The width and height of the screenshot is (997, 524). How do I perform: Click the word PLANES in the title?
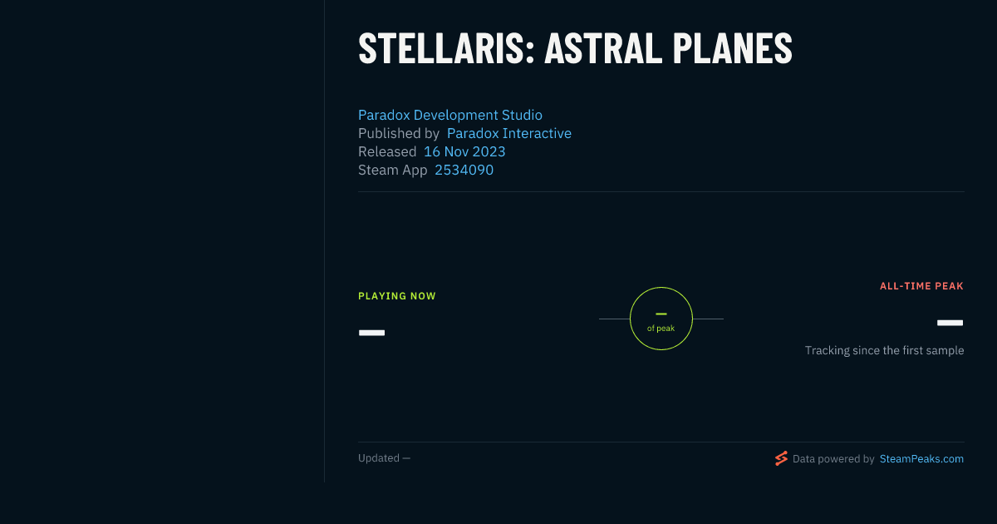pyautogui.click(x=732, y=48)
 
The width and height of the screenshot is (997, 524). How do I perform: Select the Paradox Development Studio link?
pyautogui.click(x=450, y=115)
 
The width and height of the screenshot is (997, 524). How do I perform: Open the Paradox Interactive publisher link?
pyautogui.click(x=509, y=133)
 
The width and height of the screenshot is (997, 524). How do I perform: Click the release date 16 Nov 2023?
pyautogui.click(x=464, y=151)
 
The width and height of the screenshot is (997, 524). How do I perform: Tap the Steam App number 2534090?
pyautogui.click(x=464, y=170)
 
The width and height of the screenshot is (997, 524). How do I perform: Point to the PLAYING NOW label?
pyautogui.click(x=397, y=296)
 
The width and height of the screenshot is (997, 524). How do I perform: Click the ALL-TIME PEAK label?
pyautogui.click(x=921, y=286)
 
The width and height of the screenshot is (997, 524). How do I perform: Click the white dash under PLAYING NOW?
pyautogui.click(x=371, y=333)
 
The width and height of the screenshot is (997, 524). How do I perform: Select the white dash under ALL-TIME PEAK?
pyautogui.click(x=950, y=323)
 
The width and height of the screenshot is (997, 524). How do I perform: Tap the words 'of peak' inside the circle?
pyautogui.click(x=661, y=329)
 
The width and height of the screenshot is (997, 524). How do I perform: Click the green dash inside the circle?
pyautogui.click(x=661, y=314)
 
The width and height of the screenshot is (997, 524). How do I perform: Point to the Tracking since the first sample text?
pyautogui.click(x=884, y=351)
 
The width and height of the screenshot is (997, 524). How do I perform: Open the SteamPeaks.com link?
pyautogui.click(x=921, y=459)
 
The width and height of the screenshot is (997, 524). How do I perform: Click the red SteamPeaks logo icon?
pyautogui.click(x=781, y=458)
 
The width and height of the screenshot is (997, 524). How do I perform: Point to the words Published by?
pyautogui.click(x=399, y=133)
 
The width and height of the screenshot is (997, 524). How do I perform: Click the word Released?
pyautogui.click(x=387, y=151)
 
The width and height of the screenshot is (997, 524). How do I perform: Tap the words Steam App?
pyautogui.click(x=392, y=170)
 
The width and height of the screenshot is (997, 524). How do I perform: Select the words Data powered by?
pyautogui.click(x=833, y=459)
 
